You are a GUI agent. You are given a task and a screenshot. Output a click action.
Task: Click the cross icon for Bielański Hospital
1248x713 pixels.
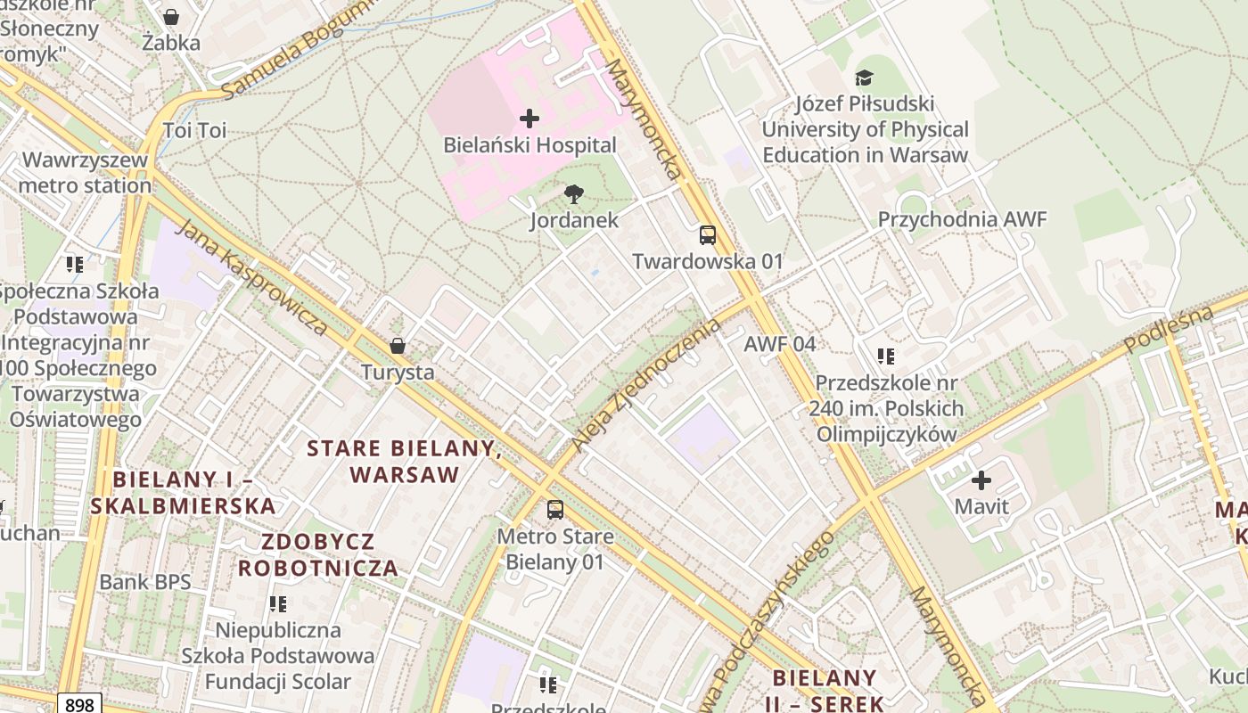coord(530,118)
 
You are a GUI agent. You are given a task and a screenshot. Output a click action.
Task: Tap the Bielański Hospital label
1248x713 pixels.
coord(530,145)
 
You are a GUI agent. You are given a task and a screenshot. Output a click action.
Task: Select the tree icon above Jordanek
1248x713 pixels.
coord(575,193)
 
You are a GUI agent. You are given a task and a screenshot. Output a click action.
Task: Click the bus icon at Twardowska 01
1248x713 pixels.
coord(708,235)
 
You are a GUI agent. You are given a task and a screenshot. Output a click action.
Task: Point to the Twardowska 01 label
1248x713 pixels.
coord(707,261)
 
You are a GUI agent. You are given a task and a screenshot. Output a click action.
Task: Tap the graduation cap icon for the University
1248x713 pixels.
coord(864,78)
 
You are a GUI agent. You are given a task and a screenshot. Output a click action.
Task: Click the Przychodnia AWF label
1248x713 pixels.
coord(962,219)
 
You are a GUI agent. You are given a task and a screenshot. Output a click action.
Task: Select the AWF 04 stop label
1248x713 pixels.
coord(780,344)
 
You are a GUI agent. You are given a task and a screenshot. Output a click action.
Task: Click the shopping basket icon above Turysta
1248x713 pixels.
coord(398,346)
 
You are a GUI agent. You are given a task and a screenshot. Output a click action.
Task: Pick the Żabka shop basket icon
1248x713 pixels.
coord(171,17)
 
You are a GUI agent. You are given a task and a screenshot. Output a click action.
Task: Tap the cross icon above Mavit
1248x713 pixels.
coord(981,480)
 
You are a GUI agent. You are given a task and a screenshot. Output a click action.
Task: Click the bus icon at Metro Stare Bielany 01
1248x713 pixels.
coord(555,510)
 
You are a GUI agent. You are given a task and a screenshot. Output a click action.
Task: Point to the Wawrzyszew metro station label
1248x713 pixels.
coord(86,173)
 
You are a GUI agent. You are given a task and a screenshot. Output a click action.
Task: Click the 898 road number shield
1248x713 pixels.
coord(79,704)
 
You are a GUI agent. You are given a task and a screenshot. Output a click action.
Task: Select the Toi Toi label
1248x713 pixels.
coord(195,131)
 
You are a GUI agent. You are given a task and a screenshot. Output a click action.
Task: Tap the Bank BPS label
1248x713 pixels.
coord(144,582)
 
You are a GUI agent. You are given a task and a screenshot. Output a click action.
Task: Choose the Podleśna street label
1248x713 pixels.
coord(1170,329)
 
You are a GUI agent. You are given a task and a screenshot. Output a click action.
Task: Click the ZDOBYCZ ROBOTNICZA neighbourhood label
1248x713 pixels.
coord(317,554)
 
